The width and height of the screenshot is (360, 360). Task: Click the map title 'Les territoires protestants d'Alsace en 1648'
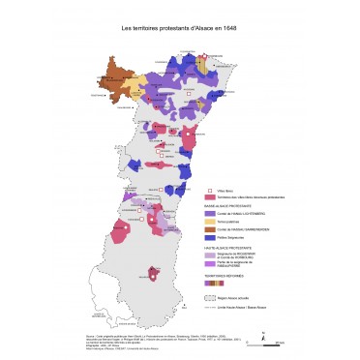179,30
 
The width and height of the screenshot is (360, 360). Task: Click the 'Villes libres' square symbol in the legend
211,189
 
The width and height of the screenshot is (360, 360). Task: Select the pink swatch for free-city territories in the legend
211,197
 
